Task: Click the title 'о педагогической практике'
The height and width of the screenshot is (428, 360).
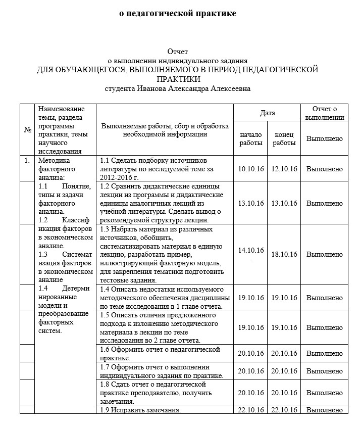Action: click(177, 14)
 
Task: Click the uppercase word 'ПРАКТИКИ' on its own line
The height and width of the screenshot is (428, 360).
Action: click(178, 79)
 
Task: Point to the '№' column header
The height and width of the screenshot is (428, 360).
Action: click(27, 130)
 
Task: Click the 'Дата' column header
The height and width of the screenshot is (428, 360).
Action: click(267, 113)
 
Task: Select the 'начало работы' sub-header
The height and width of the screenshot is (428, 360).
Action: click(251, 138)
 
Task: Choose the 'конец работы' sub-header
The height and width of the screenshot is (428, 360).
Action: click(284, 138)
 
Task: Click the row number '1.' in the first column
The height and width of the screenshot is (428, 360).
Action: click(27, 161)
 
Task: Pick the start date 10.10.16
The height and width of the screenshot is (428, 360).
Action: click(251, 168)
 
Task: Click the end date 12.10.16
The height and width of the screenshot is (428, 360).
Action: click(284, 168)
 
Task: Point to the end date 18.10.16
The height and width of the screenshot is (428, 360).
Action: click(284, 254)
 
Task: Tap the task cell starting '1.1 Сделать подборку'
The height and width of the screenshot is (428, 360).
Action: click(164, 169)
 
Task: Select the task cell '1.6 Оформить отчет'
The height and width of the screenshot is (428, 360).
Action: click(164, 353)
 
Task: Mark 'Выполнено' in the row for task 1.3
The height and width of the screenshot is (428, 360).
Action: click(325, 254)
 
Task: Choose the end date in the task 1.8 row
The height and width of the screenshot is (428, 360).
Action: click(284, 392)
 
